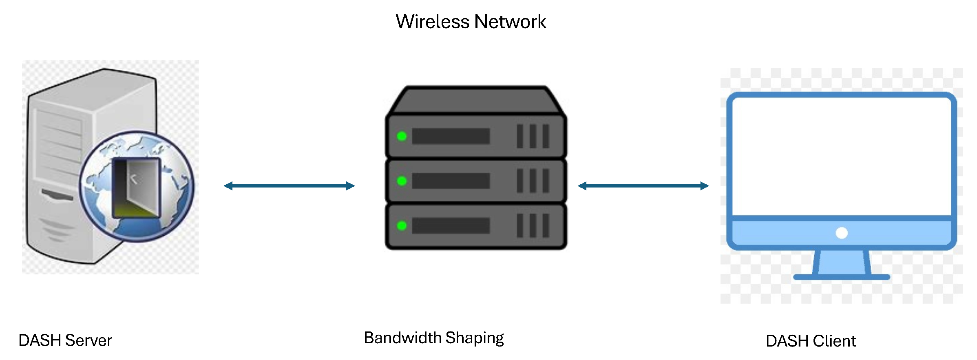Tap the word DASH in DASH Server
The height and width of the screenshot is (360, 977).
(40, 340)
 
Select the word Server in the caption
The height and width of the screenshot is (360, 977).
(88, 340)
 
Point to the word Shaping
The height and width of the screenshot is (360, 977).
(474, 338)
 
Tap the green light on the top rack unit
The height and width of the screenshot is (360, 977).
(402, 136)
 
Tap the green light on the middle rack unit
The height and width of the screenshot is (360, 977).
(402, 181)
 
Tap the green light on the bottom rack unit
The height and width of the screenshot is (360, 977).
(402, 225)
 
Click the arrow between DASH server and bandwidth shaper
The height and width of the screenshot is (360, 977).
(289, 186)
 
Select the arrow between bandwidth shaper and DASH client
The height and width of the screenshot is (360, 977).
(643, 186)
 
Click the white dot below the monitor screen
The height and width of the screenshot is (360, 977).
(842, 233)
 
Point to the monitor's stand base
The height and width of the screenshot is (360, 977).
(841, 277)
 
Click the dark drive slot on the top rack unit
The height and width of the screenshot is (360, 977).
(451, 136)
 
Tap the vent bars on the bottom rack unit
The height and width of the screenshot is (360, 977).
(533, 225)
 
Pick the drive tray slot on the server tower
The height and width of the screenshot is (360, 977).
(57, 195)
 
